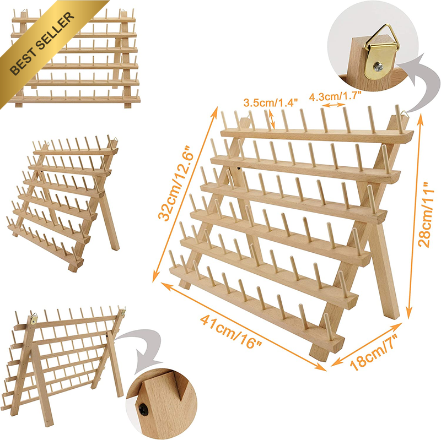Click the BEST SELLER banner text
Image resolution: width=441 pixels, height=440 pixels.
pos(42,44)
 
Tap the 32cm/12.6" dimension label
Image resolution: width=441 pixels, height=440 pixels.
pos(176,183)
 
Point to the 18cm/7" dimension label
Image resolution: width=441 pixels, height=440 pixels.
pos(374,353)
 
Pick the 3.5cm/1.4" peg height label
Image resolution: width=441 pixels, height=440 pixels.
pos(270,102)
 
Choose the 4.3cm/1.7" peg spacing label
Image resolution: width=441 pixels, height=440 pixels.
pos(335,96)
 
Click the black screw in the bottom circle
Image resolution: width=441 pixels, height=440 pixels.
pos(144,408)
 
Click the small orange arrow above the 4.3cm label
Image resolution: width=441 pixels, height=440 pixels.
pos(334,105)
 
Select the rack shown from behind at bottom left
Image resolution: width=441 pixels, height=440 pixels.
pos(63,365)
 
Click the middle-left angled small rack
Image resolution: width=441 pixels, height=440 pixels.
pos(63,202)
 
